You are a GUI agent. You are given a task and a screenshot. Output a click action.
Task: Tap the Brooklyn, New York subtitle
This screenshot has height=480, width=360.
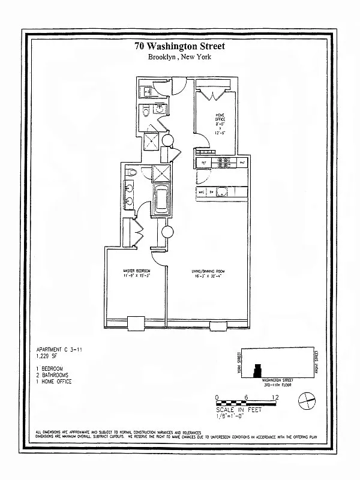pyautogui.click(x=180, y=58)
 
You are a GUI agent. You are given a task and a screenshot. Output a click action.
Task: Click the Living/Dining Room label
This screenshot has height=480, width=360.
pyautogui.click(x=205, y=274)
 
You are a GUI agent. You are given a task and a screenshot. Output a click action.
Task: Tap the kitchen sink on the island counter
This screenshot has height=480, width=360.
pyautogui.click(x=221, y=193)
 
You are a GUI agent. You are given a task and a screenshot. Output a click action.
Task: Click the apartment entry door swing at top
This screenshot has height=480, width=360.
pyautogui.click(x=178, y=87)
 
